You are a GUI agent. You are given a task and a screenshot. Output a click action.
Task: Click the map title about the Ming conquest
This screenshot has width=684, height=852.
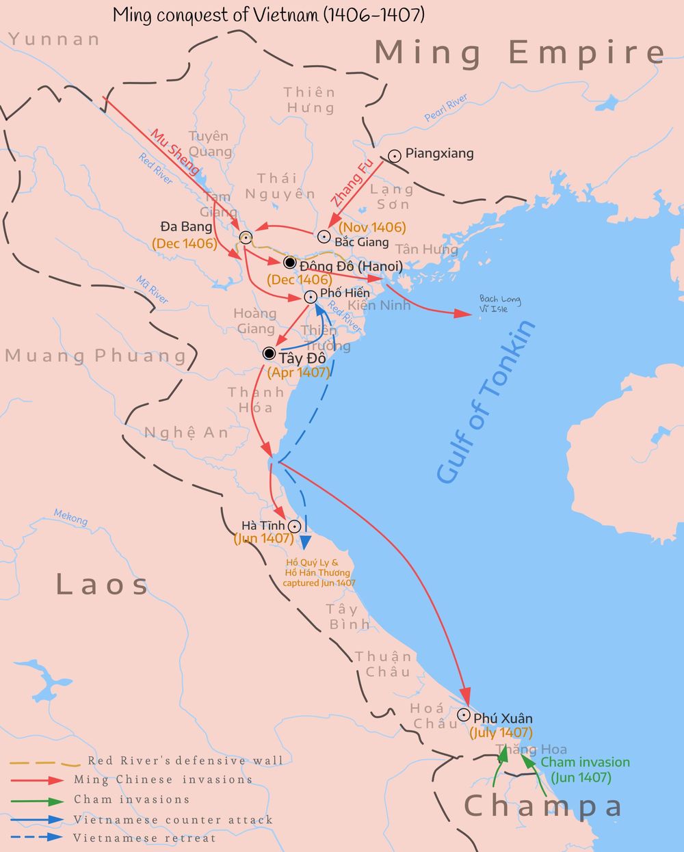click(268, 14)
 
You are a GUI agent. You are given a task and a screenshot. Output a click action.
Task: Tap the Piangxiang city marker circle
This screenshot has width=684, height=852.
click(395, 156)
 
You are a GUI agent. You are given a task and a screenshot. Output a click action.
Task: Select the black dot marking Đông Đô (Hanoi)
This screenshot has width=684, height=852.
click(289, 263)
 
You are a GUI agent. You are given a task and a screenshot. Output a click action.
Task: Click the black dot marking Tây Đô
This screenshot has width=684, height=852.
click(269, 354)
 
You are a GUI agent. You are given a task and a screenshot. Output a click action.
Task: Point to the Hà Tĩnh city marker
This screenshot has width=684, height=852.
click(294, 527)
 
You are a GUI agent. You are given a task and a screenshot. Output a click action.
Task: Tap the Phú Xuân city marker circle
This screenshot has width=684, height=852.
click(464, 715)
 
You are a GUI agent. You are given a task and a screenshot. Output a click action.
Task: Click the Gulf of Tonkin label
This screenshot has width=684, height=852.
click(486, 402)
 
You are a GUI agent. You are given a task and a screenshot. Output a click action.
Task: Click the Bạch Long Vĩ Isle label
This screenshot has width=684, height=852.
click(499, 304)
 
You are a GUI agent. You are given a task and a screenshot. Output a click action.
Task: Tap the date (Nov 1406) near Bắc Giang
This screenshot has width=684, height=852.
click(372, 227)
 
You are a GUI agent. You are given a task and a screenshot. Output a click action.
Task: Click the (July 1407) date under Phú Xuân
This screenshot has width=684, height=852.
click(501, 732)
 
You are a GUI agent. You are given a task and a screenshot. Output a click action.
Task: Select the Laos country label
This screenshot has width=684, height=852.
click(102, 585)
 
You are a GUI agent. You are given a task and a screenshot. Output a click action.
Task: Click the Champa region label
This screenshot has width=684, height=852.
click(543, 806)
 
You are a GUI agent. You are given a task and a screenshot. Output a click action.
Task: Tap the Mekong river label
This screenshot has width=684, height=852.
click(71, 518)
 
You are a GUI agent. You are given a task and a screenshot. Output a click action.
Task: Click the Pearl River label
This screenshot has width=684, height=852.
click(446, 108)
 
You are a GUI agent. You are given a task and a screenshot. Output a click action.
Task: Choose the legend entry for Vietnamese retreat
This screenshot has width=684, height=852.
click(144, 838)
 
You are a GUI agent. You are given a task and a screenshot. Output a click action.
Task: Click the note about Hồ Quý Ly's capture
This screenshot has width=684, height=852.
click(318, 573)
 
